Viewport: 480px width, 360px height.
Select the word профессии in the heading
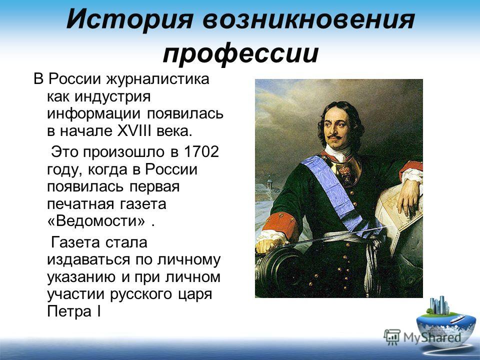point(241,54)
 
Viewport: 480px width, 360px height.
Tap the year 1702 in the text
point(201,151)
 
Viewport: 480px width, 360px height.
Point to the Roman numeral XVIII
point(134,130)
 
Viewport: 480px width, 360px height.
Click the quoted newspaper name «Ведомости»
point(96,221)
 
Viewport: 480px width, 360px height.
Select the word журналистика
point(158,79)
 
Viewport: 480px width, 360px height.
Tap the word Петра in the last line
point(69,311)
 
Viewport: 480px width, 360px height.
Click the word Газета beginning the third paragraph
point(75,242)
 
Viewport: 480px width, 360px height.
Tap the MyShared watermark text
point(432,337)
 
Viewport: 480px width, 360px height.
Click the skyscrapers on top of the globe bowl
point(439,304)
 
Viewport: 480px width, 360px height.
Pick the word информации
point(93,114)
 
